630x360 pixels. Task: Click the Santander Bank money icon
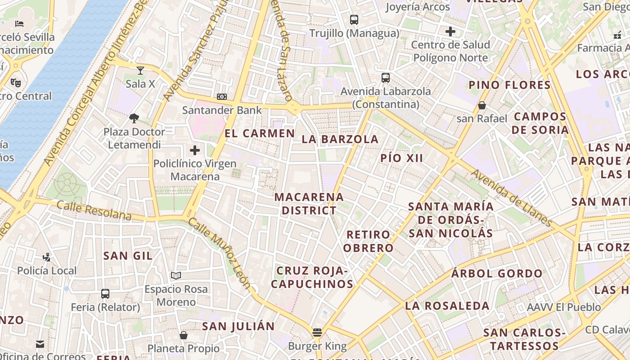[222, 97]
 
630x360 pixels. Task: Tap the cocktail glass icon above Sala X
[140, 70]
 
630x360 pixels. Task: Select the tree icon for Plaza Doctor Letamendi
[134, 118]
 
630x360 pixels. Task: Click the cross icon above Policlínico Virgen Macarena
[195, 150]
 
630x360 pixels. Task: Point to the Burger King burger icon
[317, 333]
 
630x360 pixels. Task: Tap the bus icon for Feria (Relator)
[105, 294]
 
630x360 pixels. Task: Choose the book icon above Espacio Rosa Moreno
[176, 275]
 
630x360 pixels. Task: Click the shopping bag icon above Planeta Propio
[183, 335]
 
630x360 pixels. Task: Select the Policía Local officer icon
[46, 257]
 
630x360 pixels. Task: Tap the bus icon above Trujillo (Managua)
[354, 20]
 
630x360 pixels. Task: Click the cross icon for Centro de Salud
[450, 31]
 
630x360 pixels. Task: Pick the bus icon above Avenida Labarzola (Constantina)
[386, 77]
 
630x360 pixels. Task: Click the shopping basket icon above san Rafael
[482, 105]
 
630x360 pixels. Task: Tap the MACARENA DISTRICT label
[309, 204]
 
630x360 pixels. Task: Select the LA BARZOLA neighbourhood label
[340, 139]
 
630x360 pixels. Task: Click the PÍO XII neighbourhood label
[402, 158]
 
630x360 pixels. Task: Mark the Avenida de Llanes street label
[512, 198]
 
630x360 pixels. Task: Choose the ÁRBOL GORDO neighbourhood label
[497, 274]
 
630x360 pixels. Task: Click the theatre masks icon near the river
[16, 82]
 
